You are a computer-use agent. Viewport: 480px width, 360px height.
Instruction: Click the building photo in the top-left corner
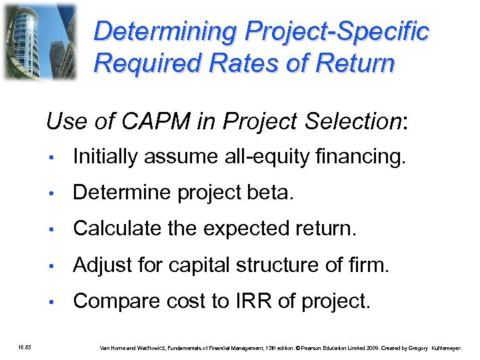coord(39,41)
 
